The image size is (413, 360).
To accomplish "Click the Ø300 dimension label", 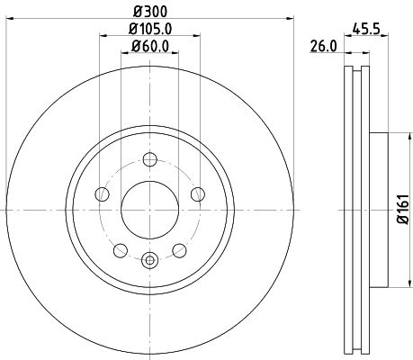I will point(151,10).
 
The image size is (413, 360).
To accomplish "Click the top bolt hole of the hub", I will point(150,162).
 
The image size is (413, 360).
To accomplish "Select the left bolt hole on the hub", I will point(103,195).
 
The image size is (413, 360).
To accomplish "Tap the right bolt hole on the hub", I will point(198,195).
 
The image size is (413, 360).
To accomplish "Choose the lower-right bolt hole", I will point(180,249).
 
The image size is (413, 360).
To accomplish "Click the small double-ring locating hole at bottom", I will point(150,262).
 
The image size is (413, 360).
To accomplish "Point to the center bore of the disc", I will point(150,209).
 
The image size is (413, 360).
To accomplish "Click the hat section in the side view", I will point(376,209).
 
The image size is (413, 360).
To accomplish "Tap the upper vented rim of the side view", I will point(355,99).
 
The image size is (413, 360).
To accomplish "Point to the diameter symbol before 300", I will point(139,10).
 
